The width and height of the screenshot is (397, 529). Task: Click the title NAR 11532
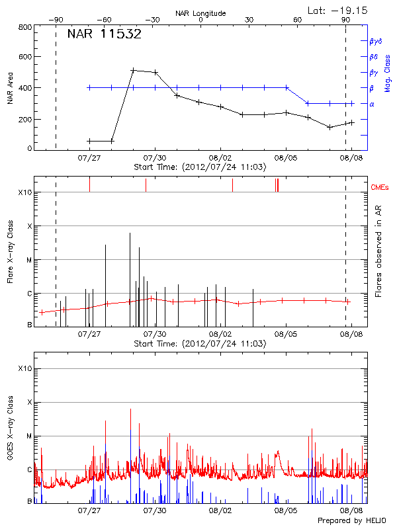click(104, 35)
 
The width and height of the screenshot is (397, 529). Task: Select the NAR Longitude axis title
click(200, 13)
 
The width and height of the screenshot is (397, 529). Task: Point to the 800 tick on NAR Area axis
click(25, 27)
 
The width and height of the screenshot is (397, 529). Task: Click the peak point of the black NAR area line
click(133, 70)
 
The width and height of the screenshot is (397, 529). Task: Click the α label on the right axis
click(371, 104)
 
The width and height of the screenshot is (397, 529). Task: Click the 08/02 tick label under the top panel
click(220, 158)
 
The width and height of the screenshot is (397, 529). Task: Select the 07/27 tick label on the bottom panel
click(89, 510)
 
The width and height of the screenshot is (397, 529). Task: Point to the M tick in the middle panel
click(28, 260)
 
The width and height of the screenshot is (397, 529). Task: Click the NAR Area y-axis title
click(9, 88)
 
